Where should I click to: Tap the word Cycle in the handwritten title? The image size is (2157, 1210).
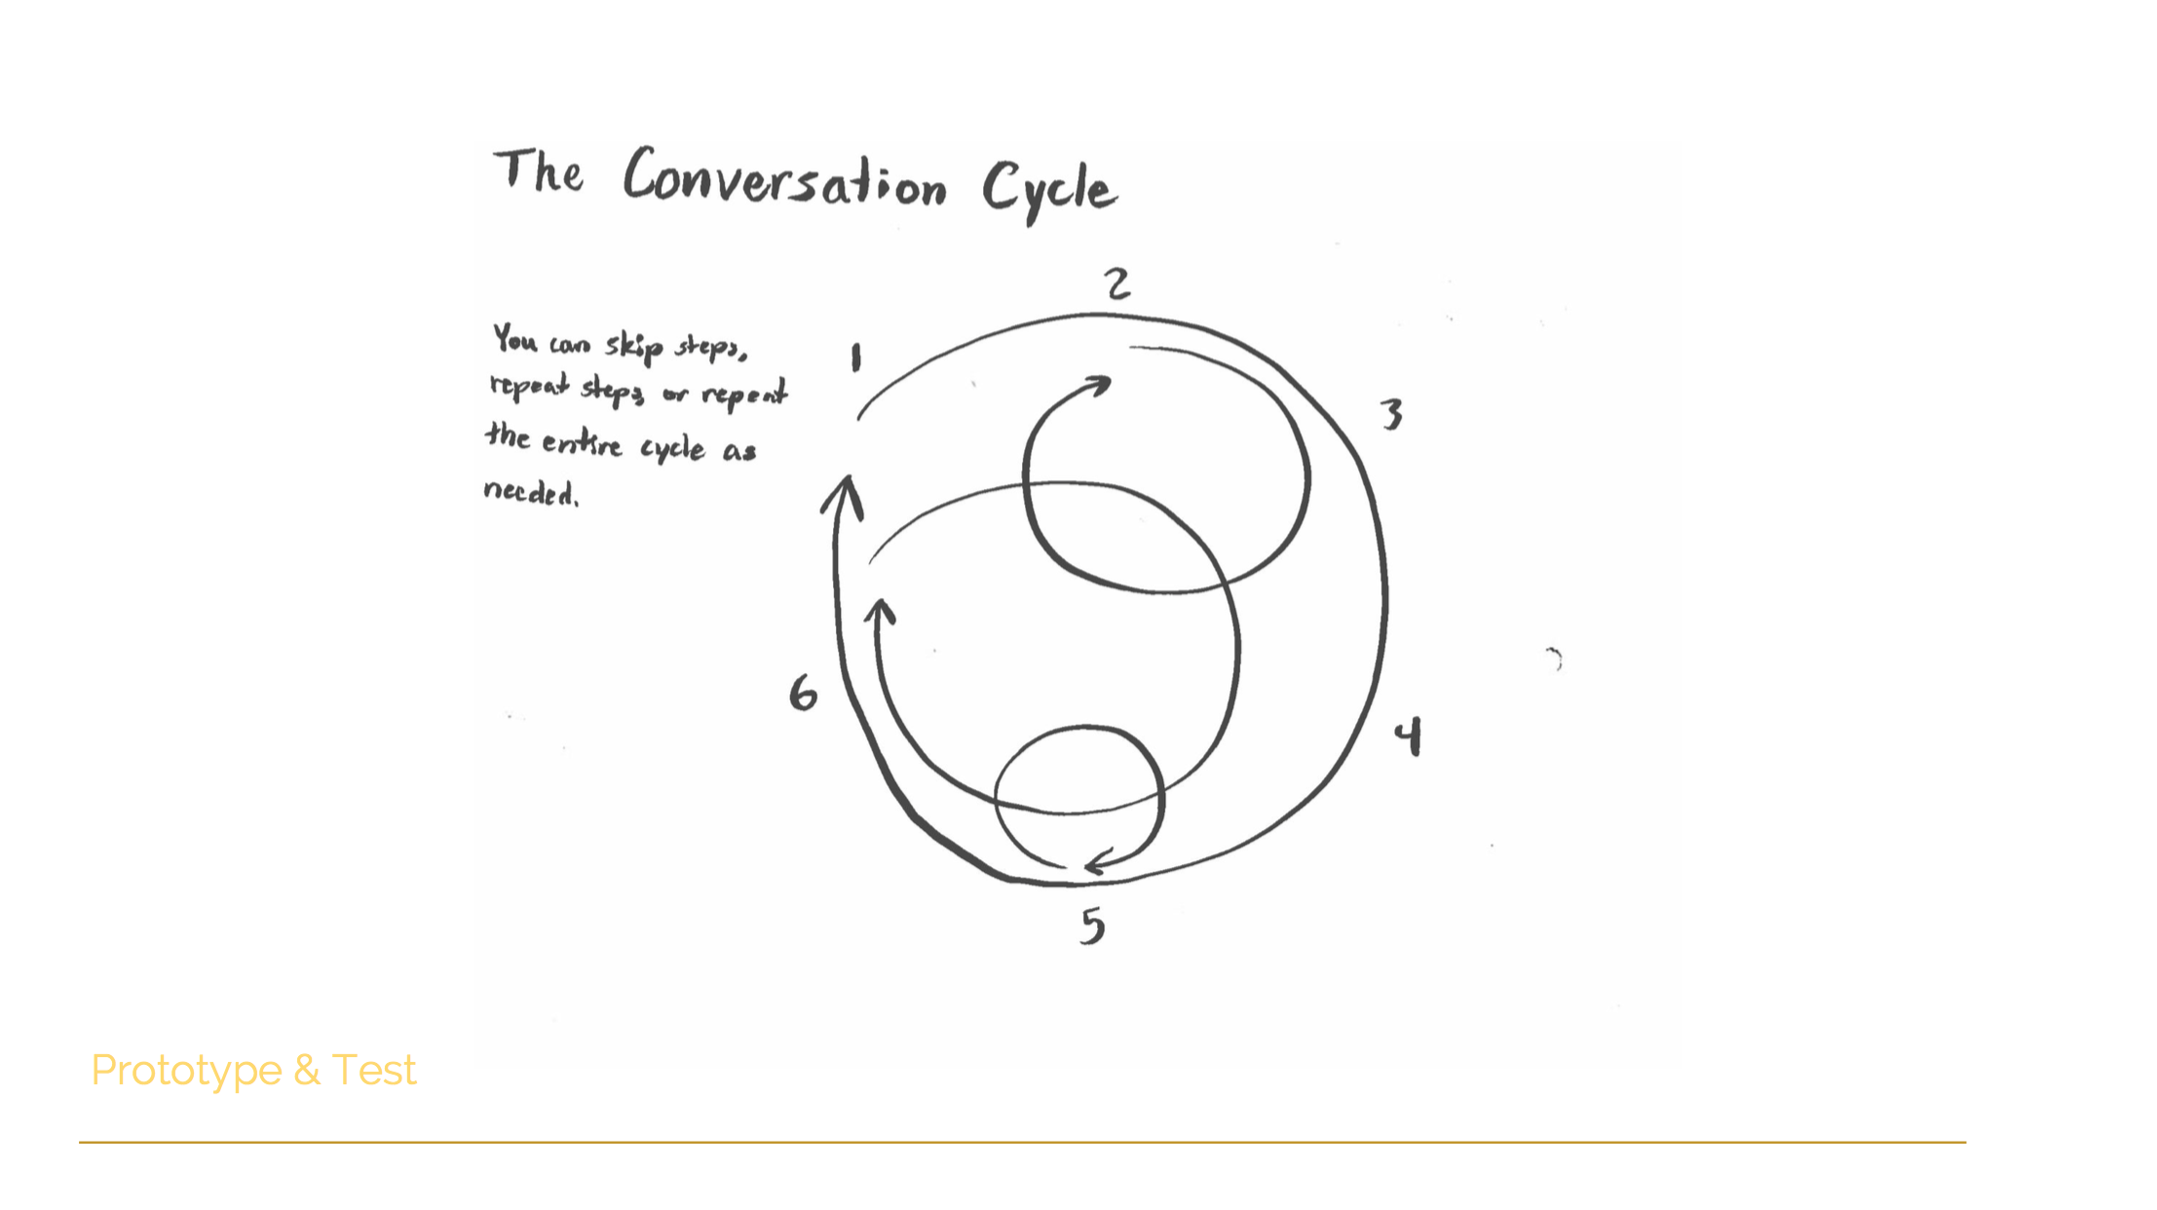(1049, 191)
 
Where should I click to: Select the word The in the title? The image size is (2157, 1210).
(539, 171)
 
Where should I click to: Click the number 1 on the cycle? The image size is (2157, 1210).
(856, 358)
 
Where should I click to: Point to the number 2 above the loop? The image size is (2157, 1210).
(1117, 284)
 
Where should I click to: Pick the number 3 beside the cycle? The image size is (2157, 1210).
(1392, 414)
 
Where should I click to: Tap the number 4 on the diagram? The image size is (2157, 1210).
(1408, 737)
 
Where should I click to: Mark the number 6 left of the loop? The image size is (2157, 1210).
(803, 693)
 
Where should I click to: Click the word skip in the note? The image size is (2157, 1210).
(634, 346)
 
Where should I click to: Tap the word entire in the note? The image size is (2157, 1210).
(582, 443)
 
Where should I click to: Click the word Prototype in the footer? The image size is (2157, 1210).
(186, 1071)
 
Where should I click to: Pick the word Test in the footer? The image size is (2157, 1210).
(374, 1070)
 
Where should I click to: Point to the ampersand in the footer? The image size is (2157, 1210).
(307, 1070)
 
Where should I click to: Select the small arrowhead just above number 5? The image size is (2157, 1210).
(1101, 861)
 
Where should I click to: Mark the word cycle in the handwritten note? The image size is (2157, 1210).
(672, 448)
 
